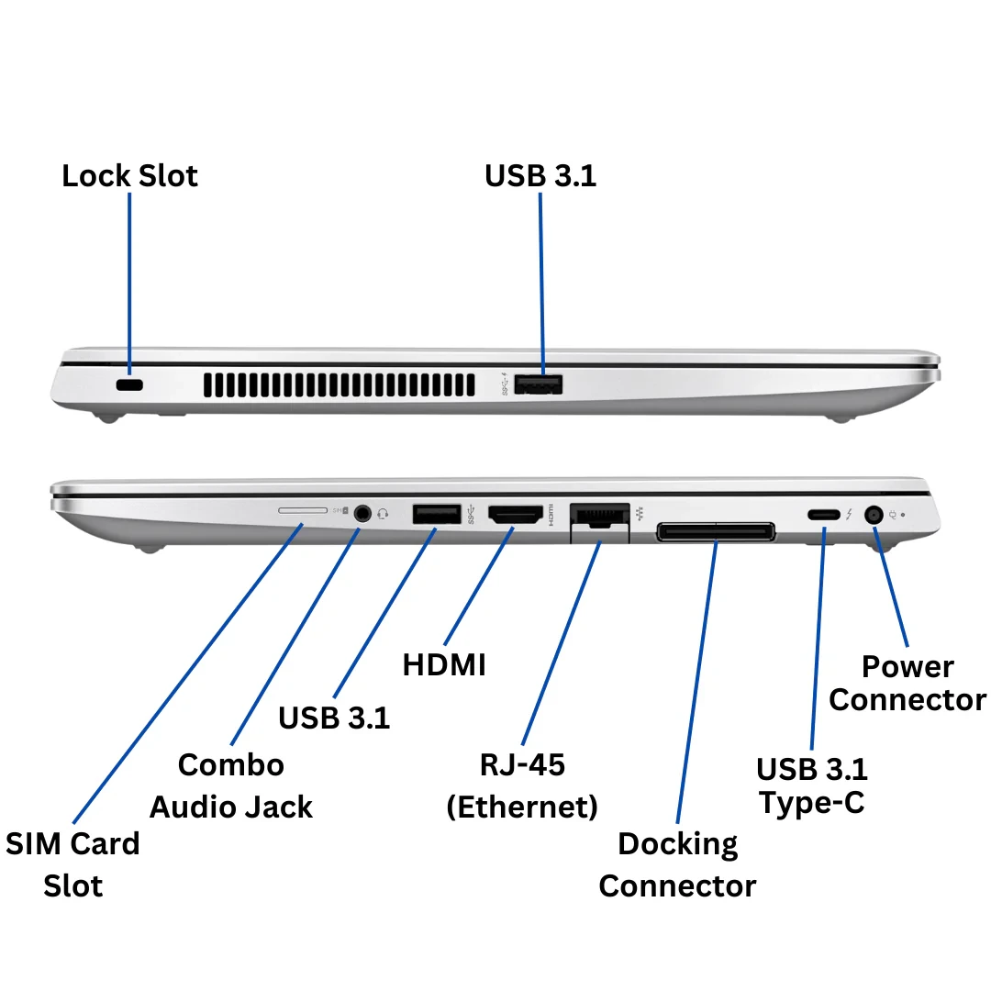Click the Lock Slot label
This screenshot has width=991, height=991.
(x=129, y=175)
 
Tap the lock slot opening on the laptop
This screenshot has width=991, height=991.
(x=130, y=386)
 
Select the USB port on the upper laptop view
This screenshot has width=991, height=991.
(x=539, y=384)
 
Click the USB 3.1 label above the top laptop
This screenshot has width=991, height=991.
(x=540, y=175)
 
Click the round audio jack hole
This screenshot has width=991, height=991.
(x=364, y=513)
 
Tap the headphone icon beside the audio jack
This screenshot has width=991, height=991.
(x=383, y=513)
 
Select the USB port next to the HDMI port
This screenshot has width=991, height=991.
(x=436, y=514)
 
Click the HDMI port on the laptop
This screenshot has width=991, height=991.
(x=515, y=516)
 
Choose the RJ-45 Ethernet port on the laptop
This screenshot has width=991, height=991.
(x=599, y=517)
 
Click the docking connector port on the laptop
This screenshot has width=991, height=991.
(x=716, y=531)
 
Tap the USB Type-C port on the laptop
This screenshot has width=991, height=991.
(x=823, y=515)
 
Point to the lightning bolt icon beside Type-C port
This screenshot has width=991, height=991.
(x=849, y=515)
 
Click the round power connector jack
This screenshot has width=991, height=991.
(x=874, y=516)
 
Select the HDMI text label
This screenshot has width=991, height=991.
(x=444, y=664)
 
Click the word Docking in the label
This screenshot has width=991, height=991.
(x=677, y=844)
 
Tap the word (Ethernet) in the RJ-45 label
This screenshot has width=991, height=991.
(x=522, y=807)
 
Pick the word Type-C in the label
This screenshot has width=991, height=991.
(x=812, y=803)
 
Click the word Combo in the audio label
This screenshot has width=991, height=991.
(x=231, y=764)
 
